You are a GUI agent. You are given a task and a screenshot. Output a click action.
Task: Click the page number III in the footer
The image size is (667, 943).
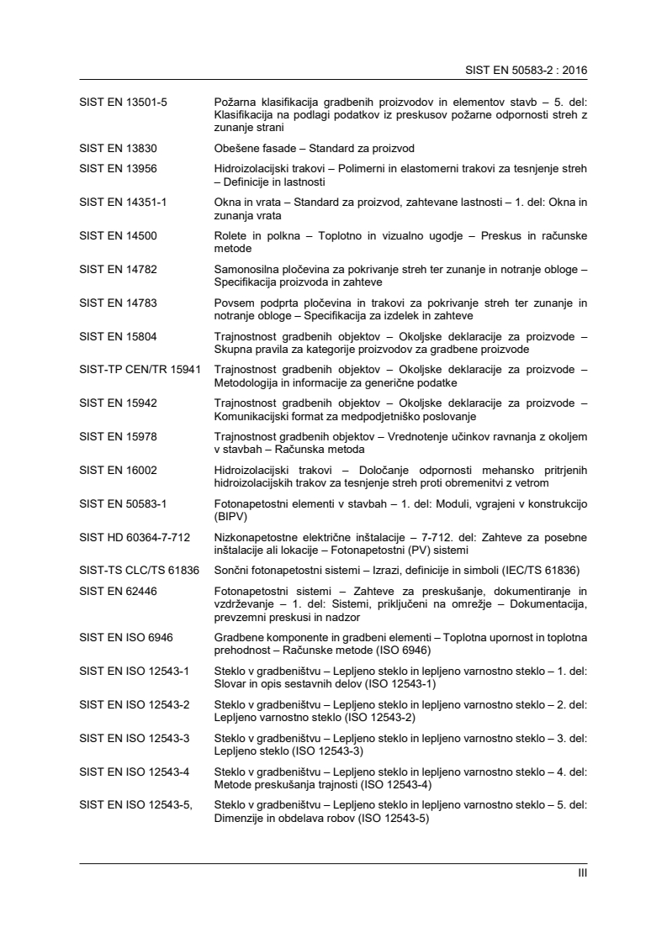click(582, 873)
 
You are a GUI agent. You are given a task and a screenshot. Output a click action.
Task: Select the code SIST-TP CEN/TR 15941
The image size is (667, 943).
click(139, 369)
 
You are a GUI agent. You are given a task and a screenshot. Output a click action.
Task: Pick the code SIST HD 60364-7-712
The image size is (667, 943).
click(133, 535)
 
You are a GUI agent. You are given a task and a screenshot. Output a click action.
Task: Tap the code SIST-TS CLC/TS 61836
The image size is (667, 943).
click(139, 569)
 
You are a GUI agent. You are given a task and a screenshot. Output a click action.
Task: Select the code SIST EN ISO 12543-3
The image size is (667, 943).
click(134, 736)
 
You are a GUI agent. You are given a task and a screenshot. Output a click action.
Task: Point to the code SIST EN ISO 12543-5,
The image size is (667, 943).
click(135, 803)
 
